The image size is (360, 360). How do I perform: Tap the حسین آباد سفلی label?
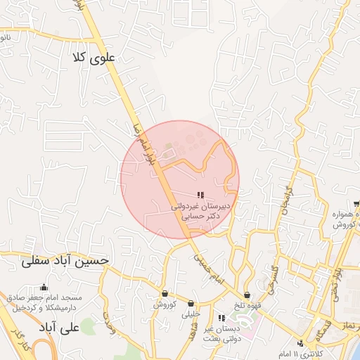point(65,260)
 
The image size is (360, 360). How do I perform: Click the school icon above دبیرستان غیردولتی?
point(200,195)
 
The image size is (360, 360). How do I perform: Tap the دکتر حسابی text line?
point(202,218)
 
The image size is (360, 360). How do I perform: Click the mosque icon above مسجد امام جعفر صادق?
point(44,287)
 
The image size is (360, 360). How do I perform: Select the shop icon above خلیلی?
point(191,304)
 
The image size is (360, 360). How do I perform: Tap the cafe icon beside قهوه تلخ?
point(247,295)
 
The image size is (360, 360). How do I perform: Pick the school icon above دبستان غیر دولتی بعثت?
point(222,318)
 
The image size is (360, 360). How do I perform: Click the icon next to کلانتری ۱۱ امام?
point(301,343)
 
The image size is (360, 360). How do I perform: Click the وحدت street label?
point(109,321)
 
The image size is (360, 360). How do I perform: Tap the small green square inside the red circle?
point(167,148)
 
